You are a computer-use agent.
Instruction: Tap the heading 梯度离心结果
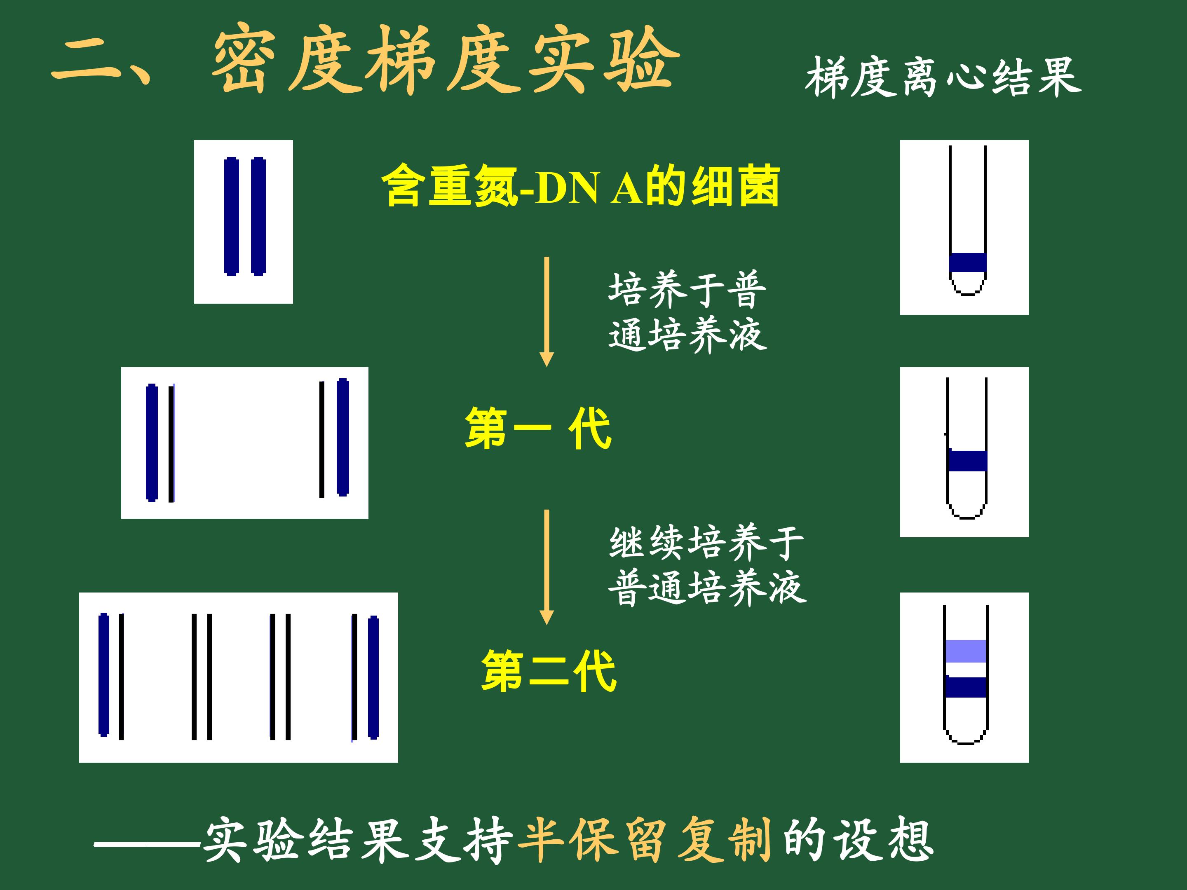click(x=943, y=78)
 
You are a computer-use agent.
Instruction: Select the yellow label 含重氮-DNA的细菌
click(x=581, y=185)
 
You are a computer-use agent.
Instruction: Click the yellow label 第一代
click(x=538, y=428)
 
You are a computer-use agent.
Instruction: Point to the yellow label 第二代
click(x=549, y=670)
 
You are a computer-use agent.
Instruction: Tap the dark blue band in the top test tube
click(x=967, y=262)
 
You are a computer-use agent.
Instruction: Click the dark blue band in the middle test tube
click(x=967, y=461)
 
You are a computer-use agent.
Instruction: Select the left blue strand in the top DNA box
click(x=231, y=216)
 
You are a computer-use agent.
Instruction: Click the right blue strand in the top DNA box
click(x=259, y=216)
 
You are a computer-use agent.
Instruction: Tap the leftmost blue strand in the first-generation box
click(x=152, y=443)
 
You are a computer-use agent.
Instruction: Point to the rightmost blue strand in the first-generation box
click(x=343, y=437)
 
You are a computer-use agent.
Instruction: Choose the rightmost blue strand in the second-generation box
click(x=373, y=677)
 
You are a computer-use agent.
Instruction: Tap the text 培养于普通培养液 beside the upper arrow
click(x=687, y=311)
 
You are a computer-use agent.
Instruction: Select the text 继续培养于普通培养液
click(x=707, y=565)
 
